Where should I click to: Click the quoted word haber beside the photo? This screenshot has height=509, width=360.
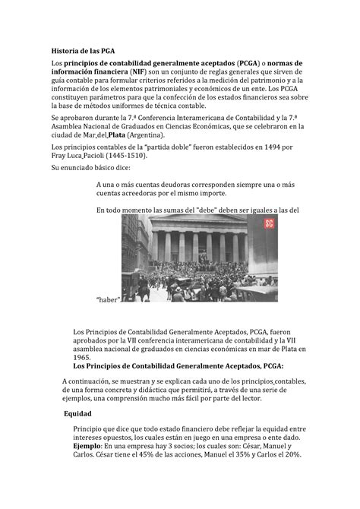point(109,299)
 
